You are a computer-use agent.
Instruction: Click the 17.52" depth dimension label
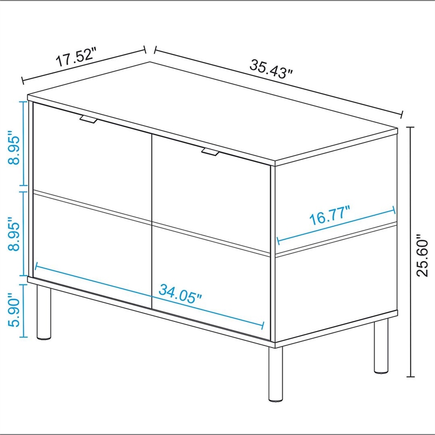tap(76, 57)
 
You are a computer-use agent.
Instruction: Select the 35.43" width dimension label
tap(271, 69)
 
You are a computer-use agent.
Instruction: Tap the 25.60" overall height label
tap(422, 255)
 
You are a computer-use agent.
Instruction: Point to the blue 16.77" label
tap(330, 215)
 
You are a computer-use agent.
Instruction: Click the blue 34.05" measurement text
tap(180, 294)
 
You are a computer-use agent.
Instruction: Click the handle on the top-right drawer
tap(210, 152)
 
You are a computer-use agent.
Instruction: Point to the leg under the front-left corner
tap(44, 312)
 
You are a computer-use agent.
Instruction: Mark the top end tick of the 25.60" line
tap(411, 127)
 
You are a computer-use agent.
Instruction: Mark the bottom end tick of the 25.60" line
tap(411, 377)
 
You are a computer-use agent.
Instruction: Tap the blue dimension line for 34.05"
tap(150, 296)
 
